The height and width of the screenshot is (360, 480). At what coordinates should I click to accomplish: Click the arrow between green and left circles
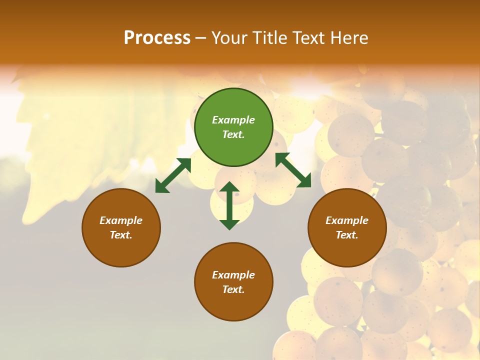[x=173, y=175]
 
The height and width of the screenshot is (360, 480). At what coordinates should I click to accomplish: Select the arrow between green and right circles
[x=293, y=170]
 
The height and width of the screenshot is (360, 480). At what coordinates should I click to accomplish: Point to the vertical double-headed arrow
[x=229, y=205]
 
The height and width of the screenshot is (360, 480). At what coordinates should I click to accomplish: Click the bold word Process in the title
[x=157, y=38]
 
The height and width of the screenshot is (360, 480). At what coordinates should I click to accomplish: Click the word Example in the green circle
[x=233, y=120]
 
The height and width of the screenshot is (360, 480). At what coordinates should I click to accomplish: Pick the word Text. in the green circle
[x=233, y=134]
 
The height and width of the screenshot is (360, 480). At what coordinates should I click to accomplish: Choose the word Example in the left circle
[x=121, y=220]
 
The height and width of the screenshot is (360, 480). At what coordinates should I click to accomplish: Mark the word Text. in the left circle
[x=121, y=235]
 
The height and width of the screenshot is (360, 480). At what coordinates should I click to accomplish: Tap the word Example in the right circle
[x=347, y=220]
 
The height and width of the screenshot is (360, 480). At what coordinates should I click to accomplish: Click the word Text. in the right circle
[x=347, y=235]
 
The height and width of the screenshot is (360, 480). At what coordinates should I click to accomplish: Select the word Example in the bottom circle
[x=233, y=275]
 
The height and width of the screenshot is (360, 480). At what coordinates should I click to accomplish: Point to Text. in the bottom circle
[x=233, y=289]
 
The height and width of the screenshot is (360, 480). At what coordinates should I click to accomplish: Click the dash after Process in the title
[x=201, y=38]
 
